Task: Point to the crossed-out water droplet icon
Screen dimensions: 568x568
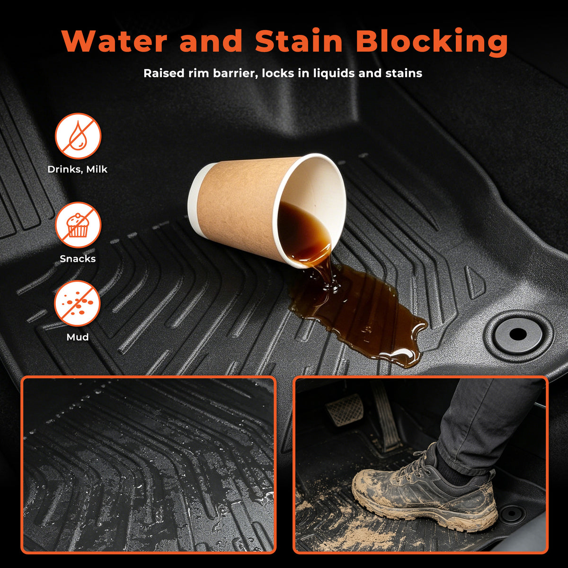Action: (78, 136)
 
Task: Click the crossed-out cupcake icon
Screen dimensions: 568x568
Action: (78, 225)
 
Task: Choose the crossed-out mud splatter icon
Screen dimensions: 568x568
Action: (78, 303)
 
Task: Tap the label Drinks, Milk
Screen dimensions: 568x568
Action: (78, 169)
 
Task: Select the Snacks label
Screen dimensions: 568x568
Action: (78, 258)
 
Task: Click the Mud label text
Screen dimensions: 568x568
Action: (78, 337)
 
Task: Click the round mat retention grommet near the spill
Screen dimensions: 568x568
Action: (518, 334)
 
